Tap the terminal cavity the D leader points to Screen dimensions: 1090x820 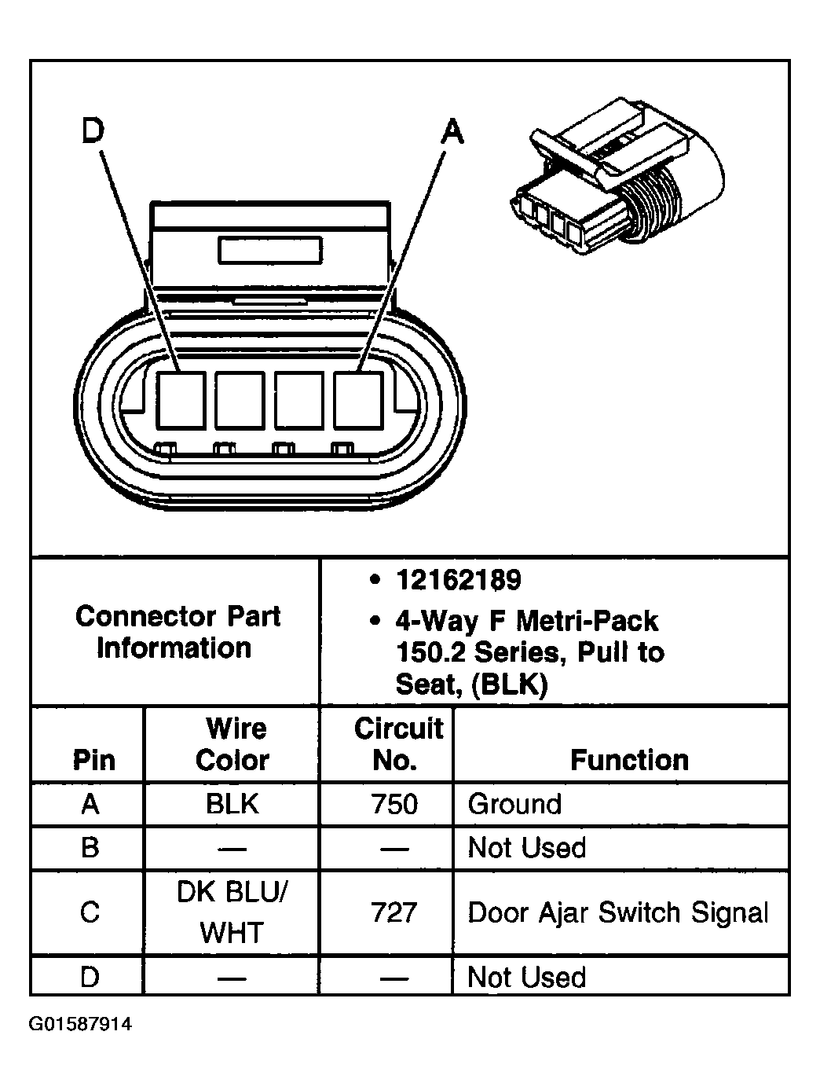[x=181, y=399]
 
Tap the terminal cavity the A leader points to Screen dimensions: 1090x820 [x=358, y=399]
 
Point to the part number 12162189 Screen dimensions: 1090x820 [x=458, y=580]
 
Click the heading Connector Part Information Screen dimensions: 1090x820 [x=177, y=632]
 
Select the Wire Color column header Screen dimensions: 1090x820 [x=233, y=744]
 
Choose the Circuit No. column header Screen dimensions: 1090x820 [x=397, y=744]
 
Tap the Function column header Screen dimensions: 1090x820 [x=629, y=760]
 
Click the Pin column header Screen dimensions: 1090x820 [x=93, y=760]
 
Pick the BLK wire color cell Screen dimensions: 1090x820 [x=232, y=804]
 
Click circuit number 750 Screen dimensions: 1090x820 [x=394, y=804]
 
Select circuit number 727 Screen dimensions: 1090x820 [x=394, y=912]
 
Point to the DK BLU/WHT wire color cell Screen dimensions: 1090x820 [x=232, y=912]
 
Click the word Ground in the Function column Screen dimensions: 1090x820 [x=514, y=804]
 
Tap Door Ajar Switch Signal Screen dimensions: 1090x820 [x=618, y=912]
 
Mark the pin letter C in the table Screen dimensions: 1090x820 [x=90, y=912]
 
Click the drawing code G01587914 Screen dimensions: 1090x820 [x=81, y=1024]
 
